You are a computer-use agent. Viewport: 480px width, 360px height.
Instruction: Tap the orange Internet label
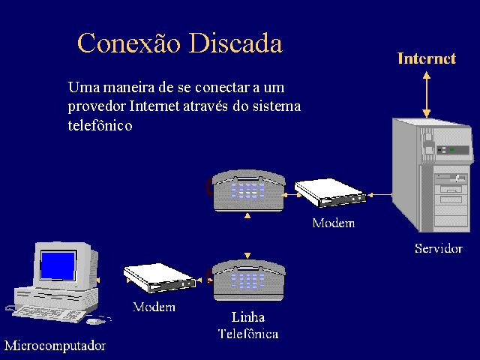[x=427, y=58]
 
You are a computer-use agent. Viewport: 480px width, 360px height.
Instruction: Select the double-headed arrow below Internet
[x=427, y=94]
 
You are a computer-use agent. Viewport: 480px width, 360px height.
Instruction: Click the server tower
[x=432, y=175]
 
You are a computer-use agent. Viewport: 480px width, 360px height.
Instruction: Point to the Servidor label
[x=439, y=248]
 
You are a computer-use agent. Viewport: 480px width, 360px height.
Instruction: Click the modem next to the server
[x=330, y=193]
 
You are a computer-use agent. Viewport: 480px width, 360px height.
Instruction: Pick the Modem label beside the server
[x=334, y=223]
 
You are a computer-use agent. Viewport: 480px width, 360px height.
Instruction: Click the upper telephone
[x=247, y=190]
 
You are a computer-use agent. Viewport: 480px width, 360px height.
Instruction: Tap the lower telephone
[x=248, y=280]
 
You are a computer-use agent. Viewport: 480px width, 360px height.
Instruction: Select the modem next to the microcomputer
[x=160, y=277]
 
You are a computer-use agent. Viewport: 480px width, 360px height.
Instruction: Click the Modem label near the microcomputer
[x=154, y=307]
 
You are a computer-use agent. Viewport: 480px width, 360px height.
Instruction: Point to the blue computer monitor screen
[x=58, y=265]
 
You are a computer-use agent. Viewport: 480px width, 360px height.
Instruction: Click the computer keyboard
[x=49, y=314]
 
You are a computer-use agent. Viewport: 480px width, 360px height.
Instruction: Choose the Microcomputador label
[x=55, y=346]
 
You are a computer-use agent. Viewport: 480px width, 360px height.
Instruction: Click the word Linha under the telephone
[x=248, y=317]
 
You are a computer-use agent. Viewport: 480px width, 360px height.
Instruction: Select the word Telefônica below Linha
[x=248, y=334]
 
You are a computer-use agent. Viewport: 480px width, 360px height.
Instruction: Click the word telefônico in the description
[x=100, y=125]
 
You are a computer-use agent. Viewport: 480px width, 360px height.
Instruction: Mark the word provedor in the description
[x=97, y=106]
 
